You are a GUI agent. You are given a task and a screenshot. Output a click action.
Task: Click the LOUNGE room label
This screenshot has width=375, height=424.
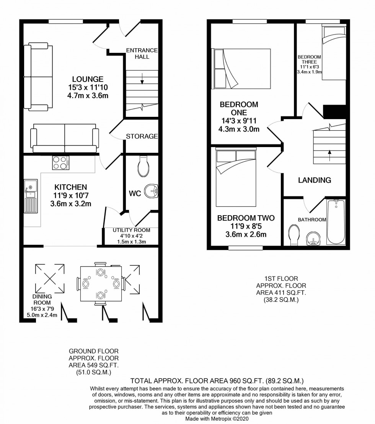(x=88, y=79)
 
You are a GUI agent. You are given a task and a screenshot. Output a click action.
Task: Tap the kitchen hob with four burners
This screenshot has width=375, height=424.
(x=61, y=163)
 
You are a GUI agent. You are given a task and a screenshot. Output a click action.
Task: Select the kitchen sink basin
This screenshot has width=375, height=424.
(x=31, y=187)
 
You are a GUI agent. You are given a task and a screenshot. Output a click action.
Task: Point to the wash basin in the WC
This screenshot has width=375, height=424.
(x=151, y=191)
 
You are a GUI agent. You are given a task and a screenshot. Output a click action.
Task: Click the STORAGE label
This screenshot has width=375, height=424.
(x=142, y=136)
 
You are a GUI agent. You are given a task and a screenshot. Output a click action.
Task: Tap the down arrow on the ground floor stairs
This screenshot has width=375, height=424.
(x=142, y=79)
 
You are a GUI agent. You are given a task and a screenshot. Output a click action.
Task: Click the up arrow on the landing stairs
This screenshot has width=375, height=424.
(x=329, y=156)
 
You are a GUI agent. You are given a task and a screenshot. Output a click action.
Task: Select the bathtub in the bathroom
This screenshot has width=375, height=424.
(x=336, y=222)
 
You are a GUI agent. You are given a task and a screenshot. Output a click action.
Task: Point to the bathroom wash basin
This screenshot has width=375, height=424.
(x=313, y=239)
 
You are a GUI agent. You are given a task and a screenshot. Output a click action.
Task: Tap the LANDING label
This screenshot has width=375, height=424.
(x=315, y=180)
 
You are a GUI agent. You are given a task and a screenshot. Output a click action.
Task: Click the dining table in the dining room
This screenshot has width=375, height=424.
(x=101, y=284)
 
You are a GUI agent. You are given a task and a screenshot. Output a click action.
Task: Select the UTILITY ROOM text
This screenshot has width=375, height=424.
(x=131, y=230)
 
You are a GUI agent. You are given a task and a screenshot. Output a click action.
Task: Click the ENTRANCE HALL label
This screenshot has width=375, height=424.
(x=142, y=54)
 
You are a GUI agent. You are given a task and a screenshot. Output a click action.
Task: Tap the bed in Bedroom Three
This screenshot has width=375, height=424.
(x=334, y=52)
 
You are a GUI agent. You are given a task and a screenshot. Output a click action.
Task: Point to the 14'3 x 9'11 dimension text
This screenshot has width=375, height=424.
(x=239, y=121)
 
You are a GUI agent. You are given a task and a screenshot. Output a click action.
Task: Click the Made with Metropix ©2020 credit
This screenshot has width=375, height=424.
(x=217, y=419)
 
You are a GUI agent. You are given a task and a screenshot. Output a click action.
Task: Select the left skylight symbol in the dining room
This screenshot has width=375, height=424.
(x=50, y=278)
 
